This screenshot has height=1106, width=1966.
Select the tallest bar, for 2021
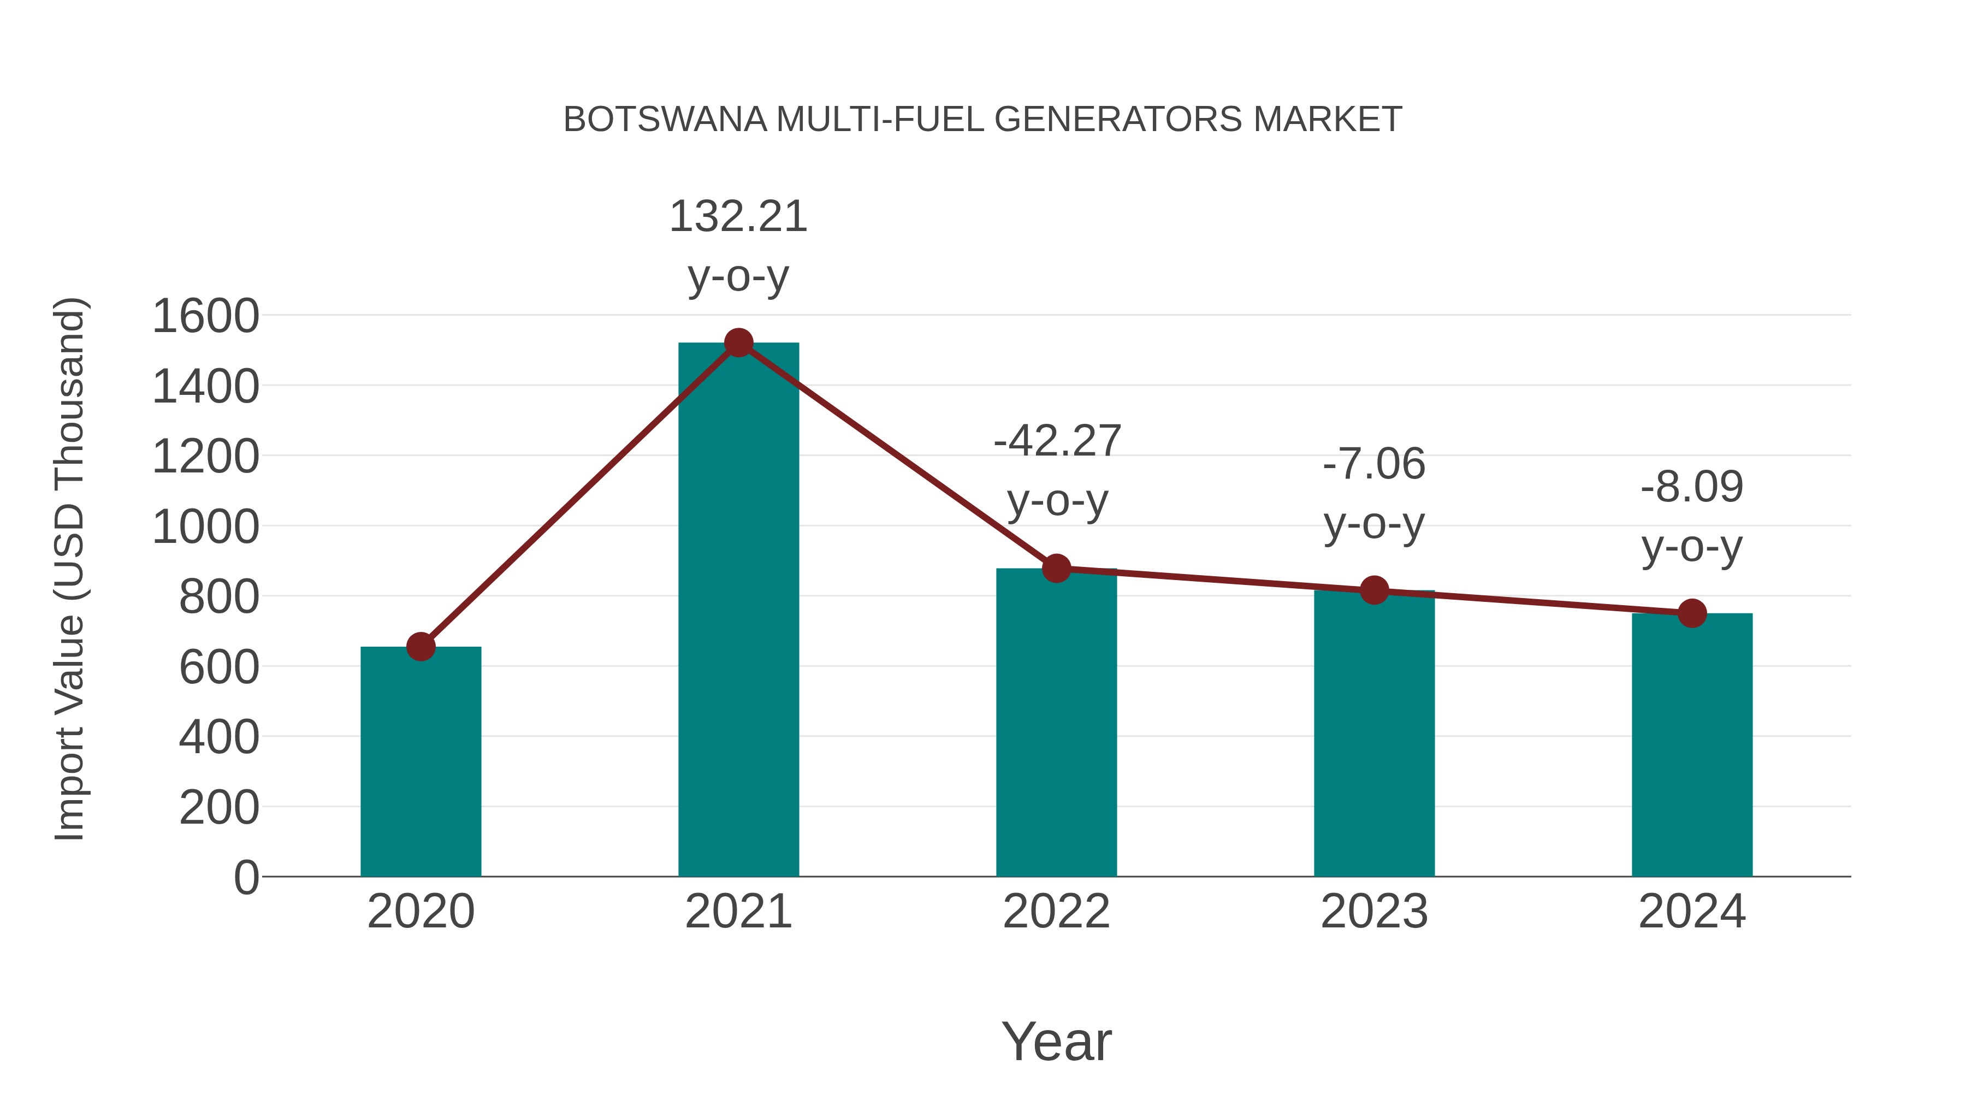(x=738, y=610)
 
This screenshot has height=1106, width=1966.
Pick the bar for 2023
(x=1374, y=734)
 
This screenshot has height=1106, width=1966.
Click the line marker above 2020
(x=421, y=647)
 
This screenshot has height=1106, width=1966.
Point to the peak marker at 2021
(x=738, y=342)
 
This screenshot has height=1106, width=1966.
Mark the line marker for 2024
(x=1692, y=613)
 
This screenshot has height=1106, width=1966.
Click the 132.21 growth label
(x=738, y=217)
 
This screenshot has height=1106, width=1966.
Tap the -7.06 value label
(x=1374, y=464)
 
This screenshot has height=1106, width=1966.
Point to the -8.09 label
(x=1692, y=487)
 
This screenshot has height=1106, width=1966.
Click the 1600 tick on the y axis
(x=205, y=316)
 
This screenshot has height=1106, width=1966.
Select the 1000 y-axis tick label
(x=205, y=527)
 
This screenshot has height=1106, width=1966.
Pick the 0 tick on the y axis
(x=246, y=877)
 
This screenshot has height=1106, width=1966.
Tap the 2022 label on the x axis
(x=1056, y=912)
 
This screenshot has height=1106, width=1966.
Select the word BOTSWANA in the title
(x=665, y=120)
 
